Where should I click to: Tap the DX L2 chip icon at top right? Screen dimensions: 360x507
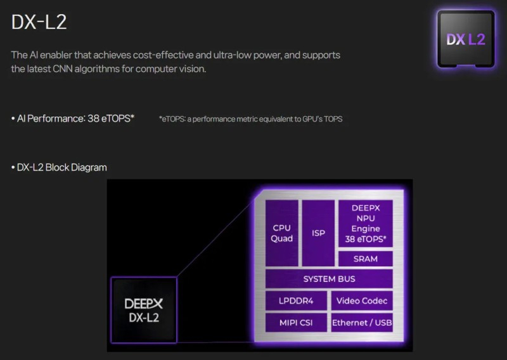point(465,39)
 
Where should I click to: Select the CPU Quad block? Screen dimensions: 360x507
point(282,233)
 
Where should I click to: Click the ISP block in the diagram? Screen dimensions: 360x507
point(318,233)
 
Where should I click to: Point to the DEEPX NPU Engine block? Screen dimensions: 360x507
point(365,223)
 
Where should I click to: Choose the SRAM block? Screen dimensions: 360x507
point(365,259)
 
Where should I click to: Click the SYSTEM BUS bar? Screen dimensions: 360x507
point(329,279)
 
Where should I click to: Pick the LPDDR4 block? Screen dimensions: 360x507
point(296,300)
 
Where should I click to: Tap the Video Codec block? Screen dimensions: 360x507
point(362,300)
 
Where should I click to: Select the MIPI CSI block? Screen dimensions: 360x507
point(296,323)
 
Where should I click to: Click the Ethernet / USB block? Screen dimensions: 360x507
point(362,323)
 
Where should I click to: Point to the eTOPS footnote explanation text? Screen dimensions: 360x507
point(250,119)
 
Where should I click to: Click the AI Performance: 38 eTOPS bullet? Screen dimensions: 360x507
point(73,119)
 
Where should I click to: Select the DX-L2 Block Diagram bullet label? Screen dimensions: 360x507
point(59,167)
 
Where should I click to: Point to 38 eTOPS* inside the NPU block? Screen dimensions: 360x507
point(365,240)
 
